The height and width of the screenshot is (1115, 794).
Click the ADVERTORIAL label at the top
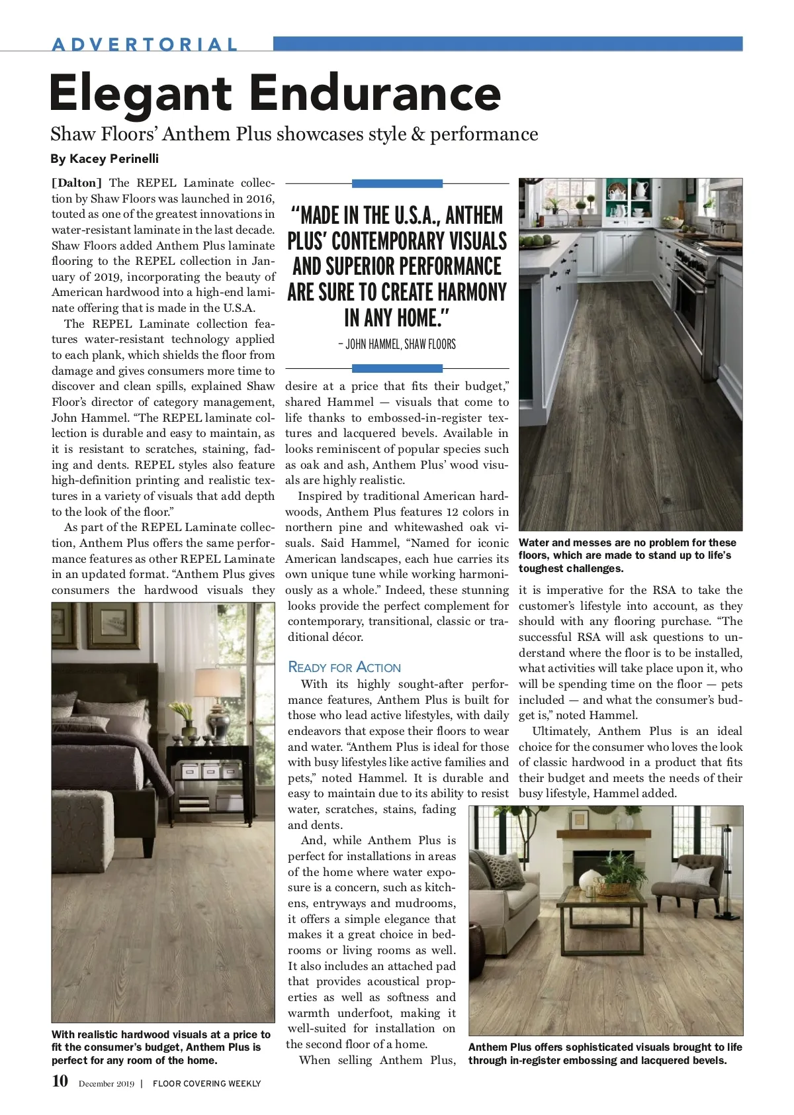(x=144, y=44)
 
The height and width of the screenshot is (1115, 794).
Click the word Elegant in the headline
(x=140, y=93)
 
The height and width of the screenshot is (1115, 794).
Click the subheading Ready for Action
(x=344, y=667)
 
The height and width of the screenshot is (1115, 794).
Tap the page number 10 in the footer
(x=60, y=1081)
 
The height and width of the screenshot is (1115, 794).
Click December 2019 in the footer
(x=106, y=1084)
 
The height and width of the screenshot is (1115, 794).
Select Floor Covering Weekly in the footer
(x=206, y=1084)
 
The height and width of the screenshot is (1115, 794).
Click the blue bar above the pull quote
(x=397, y=183)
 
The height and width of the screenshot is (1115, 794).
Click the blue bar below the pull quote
(x=397, y=368)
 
